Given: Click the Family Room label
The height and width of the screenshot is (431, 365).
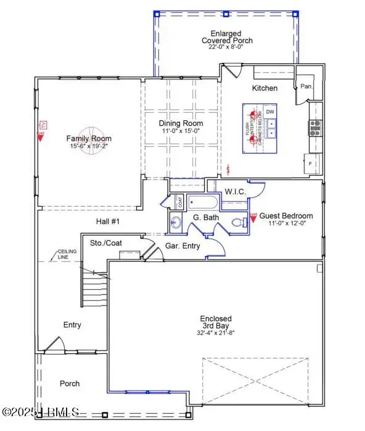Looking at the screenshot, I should (x=89, y=139).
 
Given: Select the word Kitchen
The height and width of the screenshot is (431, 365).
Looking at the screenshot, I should (x=265, y=88).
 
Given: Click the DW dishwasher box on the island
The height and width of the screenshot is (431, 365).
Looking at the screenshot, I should (x=270, y=112).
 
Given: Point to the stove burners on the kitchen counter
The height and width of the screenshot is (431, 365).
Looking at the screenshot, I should (x=314, y=128).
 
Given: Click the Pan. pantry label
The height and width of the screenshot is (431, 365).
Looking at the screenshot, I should (x=306, y=87).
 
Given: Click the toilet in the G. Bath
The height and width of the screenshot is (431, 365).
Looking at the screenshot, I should (x=238, y=223).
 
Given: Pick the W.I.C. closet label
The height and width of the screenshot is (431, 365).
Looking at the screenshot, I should (x=235, y=192).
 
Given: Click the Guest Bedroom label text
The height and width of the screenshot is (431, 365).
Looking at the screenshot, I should (x=285, y=216).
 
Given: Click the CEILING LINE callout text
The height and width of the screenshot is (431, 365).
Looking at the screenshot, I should (x=67, y=254).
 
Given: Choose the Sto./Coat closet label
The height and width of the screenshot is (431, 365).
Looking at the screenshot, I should (x=106, y=243).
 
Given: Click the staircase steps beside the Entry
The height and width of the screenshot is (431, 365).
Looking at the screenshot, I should (x=96, y=289).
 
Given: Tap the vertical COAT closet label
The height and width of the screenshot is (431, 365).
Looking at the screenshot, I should (x=181, y=201).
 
